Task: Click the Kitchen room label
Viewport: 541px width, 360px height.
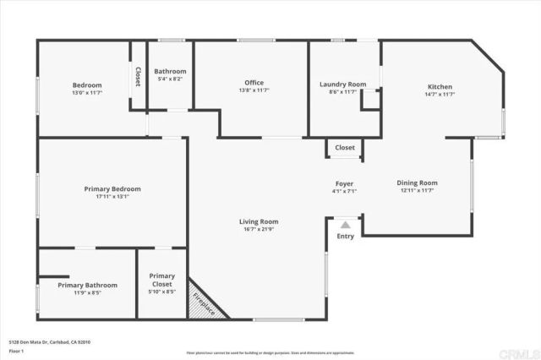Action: click(440, 87)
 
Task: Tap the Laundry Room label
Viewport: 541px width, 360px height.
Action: click(342, 85)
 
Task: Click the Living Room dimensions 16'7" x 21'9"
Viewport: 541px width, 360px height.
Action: click(258, 230)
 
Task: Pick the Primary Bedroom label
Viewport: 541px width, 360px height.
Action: click(112, 188)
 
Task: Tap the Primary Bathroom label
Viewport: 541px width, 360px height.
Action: click(88, 286)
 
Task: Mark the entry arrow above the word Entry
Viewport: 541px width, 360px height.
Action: click(345, 226)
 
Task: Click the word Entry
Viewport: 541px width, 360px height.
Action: click(345, 237)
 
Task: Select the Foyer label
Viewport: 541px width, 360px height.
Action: click(344, 183)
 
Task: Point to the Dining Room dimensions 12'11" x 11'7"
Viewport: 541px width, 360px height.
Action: click(418, 190)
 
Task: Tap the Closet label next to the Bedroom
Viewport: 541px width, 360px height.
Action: click(137, 77)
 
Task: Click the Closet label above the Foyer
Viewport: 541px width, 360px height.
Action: click(345, 148)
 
